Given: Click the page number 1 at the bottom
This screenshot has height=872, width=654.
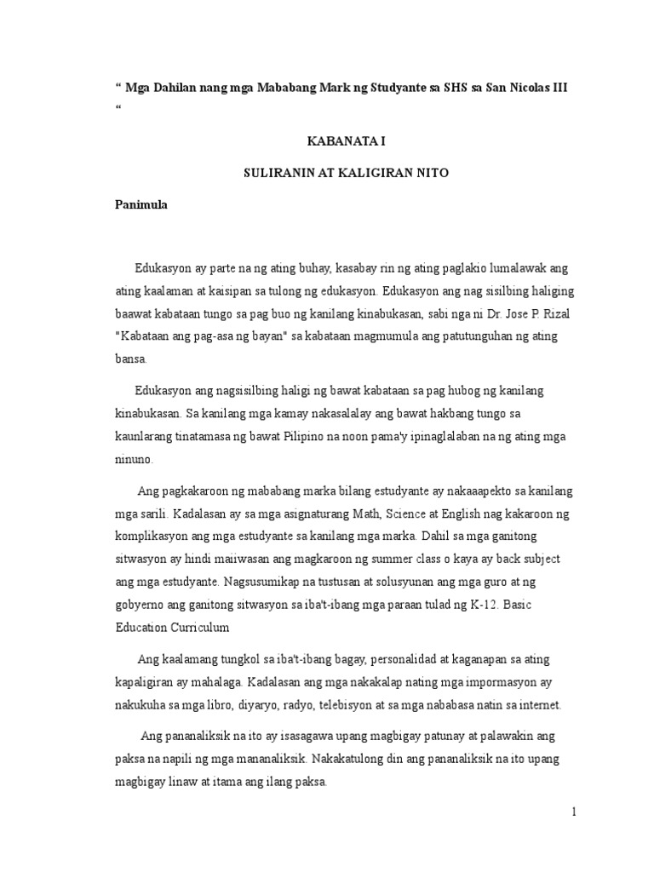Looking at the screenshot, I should [575, 812].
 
